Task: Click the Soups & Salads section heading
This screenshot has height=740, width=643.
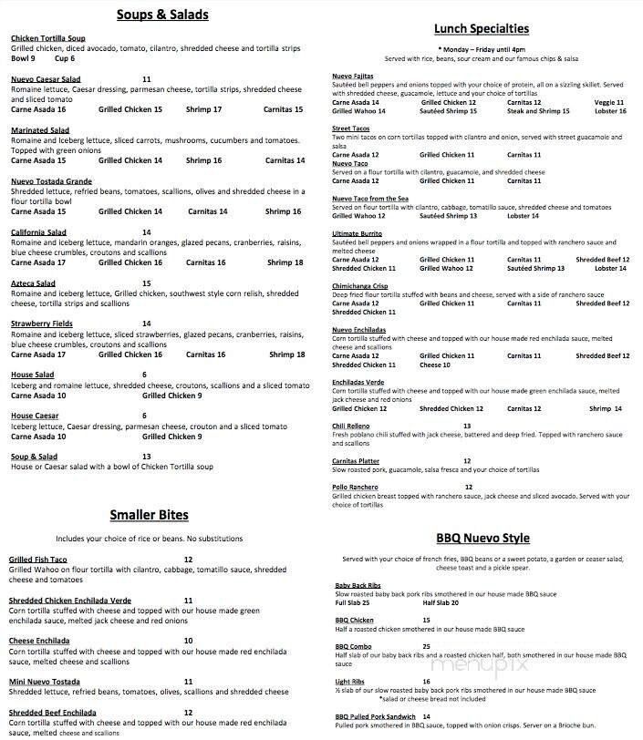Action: pos(163,15)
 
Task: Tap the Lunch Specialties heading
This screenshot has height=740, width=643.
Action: pos(482,29)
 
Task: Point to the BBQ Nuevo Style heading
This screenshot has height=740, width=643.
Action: pos(482,538)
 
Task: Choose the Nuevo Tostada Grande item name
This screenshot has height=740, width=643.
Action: pos(51,181)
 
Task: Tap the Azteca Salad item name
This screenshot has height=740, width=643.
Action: pos(33,283)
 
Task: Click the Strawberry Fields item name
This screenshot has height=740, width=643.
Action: pos(43,324)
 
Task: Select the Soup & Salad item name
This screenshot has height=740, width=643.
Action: pos(34,456)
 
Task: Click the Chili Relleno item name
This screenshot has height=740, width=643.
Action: pos(351,426)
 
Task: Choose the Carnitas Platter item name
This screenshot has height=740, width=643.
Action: pos(357,460)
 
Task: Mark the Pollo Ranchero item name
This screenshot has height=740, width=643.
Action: pos(354,487)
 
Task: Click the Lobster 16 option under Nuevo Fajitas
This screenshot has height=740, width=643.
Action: pos(609,111)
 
